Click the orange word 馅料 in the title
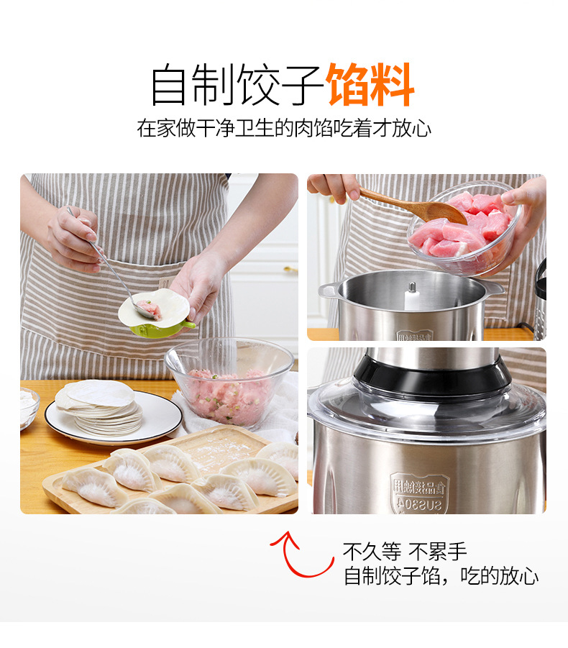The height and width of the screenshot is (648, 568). tap(370, 86)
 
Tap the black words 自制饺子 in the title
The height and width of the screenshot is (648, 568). tap(237, 86)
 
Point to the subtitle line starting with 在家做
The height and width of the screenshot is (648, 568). tap(284, 129)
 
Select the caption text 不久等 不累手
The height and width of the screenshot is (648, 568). tap(405, 552)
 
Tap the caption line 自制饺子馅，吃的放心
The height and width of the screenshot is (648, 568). tap(441, 576)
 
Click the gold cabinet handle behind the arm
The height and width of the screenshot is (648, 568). tap(290, 270)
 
